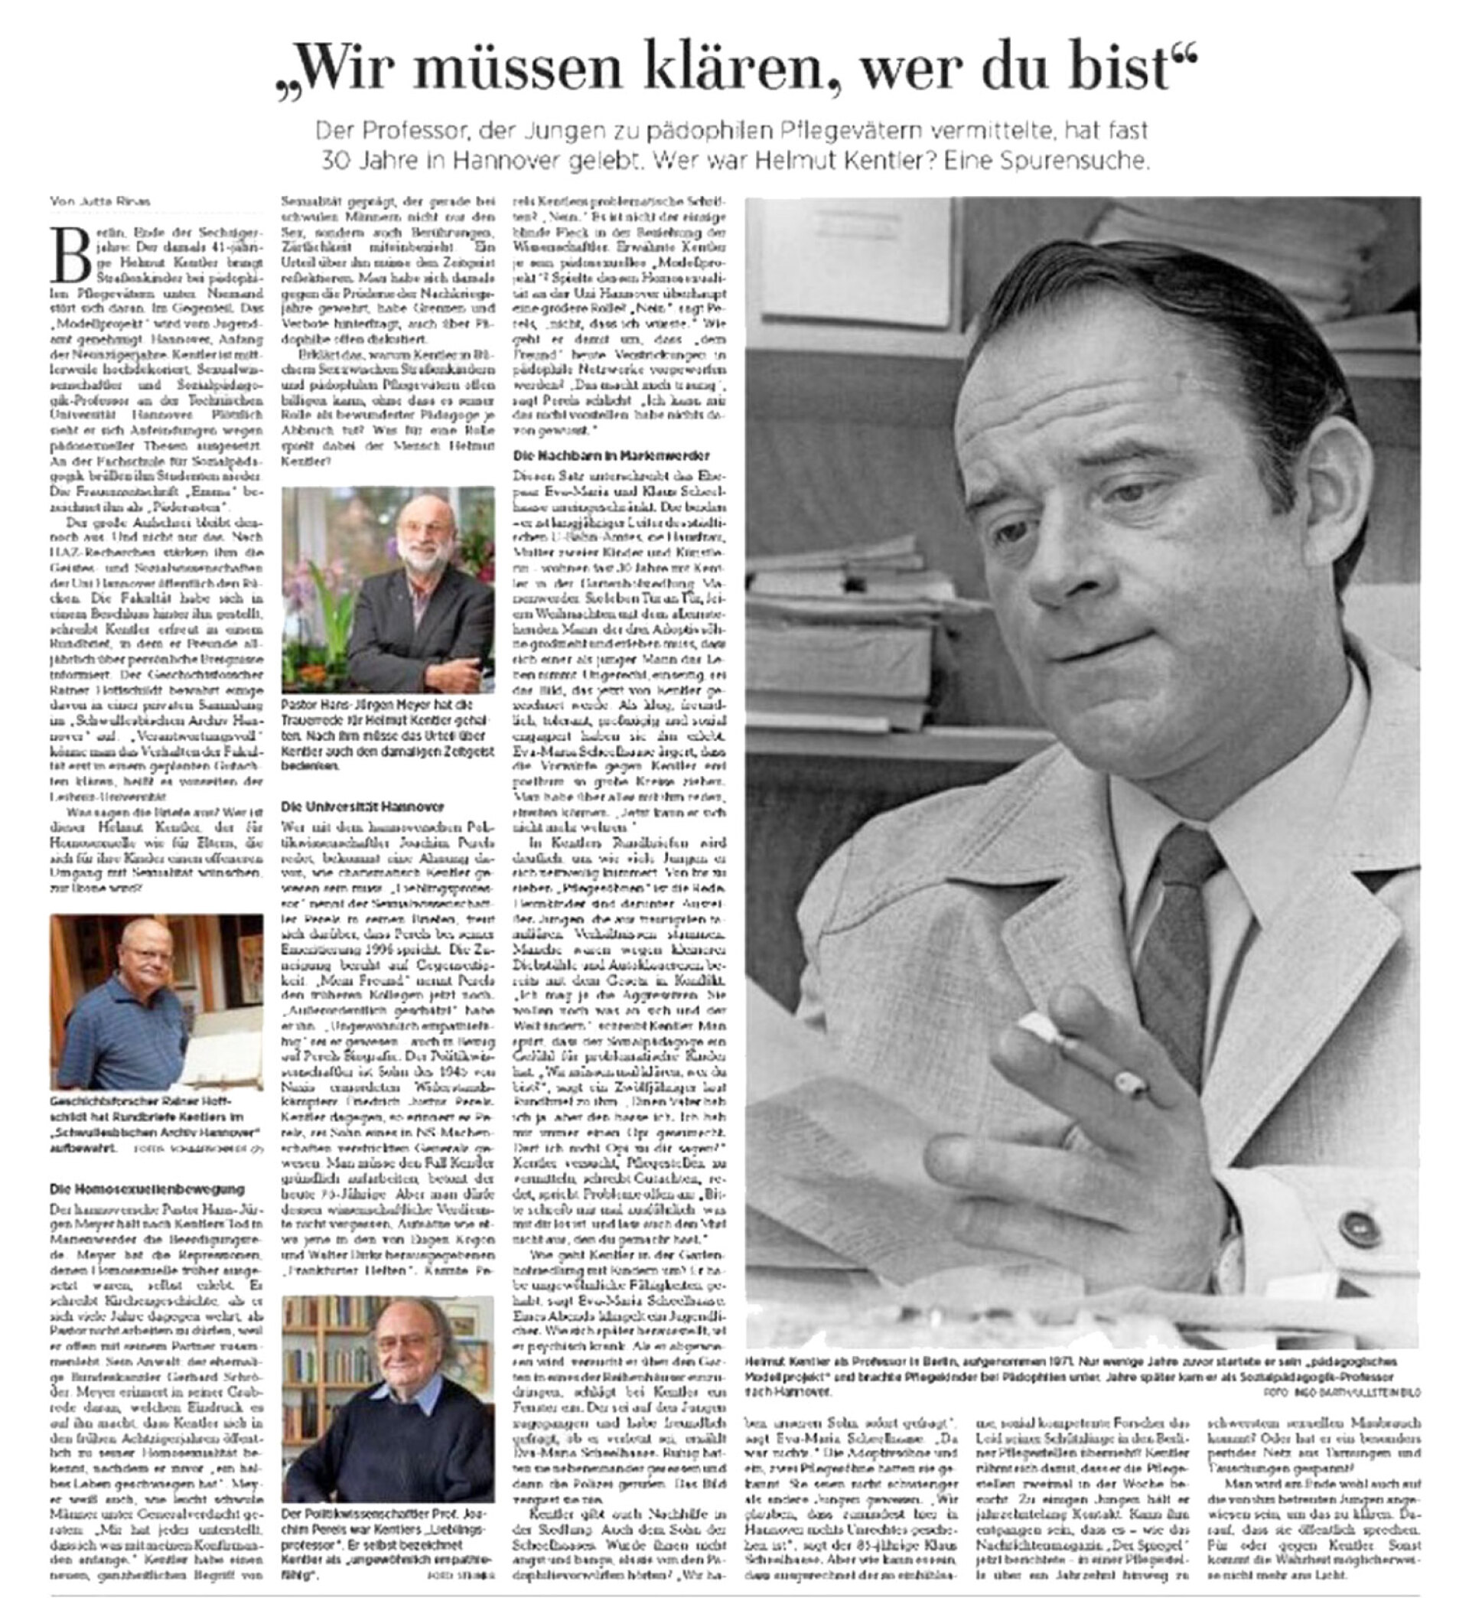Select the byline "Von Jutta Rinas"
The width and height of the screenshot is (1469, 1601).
[x=99, y=201]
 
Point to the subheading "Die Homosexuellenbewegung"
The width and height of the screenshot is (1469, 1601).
[x=147, y=1189]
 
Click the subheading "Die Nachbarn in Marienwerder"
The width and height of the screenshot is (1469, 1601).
[x=611, y=455]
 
